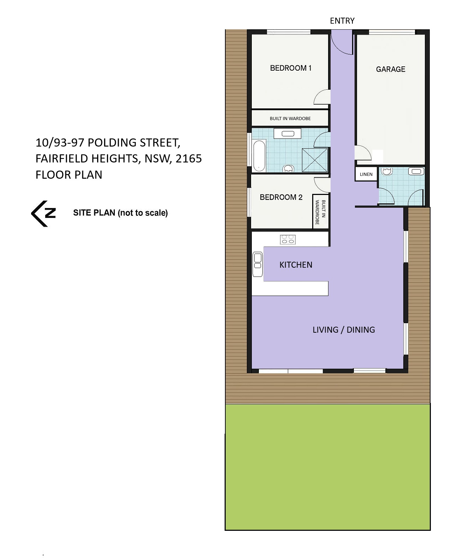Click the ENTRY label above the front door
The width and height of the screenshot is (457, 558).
click(x=342, y=20)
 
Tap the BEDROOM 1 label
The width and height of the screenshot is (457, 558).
click(x=291, y=68)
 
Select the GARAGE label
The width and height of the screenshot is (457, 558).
click(x=391, y=69)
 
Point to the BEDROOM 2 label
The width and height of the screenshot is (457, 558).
click(x=281, y=197)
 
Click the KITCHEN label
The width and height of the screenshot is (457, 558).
click(x=296, y=265)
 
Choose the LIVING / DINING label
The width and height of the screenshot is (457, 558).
click(x=344, y=330)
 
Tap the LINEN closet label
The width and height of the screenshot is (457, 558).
click(x=366, y=174)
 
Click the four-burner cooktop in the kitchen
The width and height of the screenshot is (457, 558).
click(x=287, y=239)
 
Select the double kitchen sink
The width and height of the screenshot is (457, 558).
click(x=257, y=264)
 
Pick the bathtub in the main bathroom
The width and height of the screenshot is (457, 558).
click(x=259, y=156)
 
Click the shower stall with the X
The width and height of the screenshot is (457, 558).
click(x=315, y=160)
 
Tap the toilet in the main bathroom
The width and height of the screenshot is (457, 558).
click(x=288, y=168)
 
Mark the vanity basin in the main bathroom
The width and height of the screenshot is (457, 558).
click(x=287, y=133)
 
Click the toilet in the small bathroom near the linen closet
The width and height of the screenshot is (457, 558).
click(x=387, y=171)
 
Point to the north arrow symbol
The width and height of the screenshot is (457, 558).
click(x=43, y=214)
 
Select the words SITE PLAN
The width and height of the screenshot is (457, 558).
click(x=94, y=213)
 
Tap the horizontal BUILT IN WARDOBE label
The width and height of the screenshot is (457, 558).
click(x=290, y=119)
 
